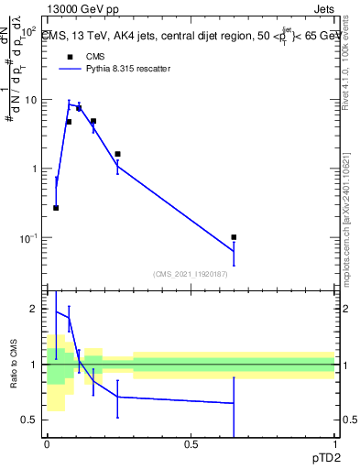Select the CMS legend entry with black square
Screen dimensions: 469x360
click(x=70, y=56)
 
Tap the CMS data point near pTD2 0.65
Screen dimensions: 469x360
click(x=235, y=237)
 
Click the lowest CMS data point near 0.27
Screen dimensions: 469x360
click(x=56, y=208)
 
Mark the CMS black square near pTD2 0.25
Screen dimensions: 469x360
click(x=118, y=154)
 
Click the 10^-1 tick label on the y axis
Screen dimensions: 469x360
click(x=28, y=238)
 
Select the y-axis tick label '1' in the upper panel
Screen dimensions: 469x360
click(x=36, y=169)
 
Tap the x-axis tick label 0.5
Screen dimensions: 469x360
click(x=191, y=444)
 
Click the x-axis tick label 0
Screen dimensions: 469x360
click(x=47, y=444)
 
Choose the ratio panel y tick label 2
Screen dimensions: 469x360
click(x=36, y=310)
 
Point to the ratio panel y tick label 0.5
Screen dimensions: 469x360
click(x=32, y=420)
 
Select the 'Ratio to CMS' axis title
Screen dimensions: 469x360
click(x=14, y=365)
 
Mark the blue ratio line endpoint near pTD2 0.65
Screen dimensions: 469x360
click(x=235, y=403)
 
